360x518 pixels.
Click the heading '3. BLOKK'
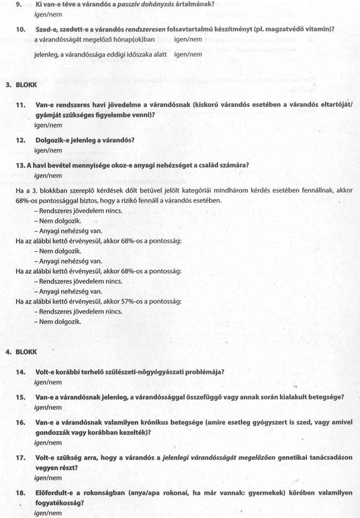tap(21, 84)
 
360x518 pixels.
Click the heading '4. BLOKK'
tap(21, 352)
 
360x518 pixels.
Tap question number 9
tap(20, 4)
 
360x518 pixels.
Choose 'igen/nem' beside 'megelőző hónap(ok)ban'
tap(188, 40)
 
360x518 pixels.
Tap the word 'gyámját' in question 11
tap(52, 115)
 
